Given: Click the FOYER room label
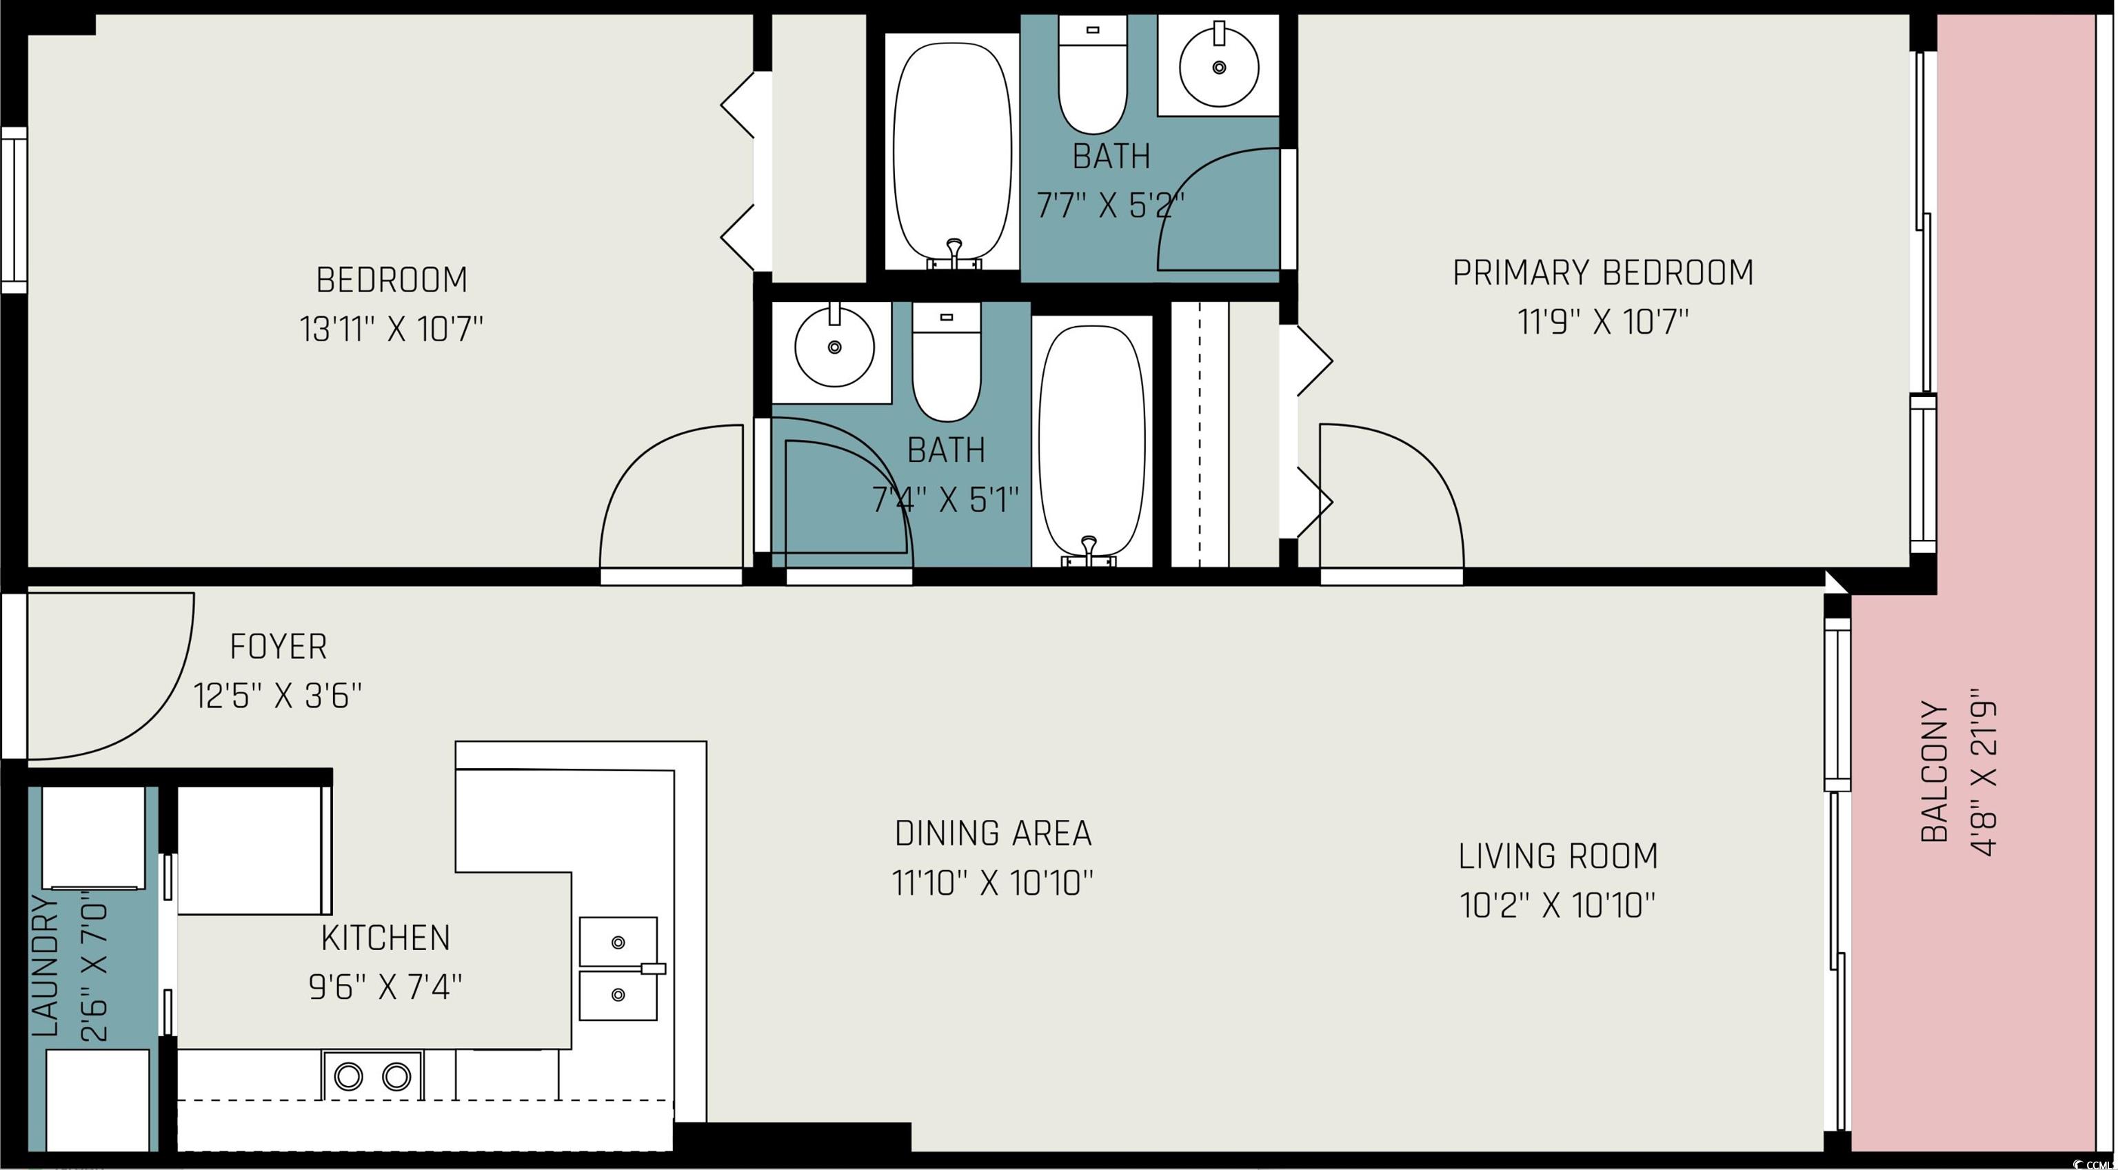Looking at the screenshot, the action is (x=278, y=647).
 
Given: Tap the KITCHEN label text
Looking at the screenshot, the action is (x=385, y=938).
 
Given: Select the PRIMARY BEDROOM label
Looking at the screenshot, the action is (x=1602, y=273).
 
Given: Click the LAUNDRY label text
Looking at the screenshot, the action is (x=46, y=967).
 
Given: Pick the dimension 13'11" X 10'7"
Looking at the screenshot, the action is (x=392, y=330).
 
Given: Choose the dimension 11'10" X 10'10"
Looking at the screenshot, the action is (x=992, y=884).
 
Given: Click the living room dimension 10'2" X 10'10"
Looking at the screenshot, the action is (x=1557, y=906).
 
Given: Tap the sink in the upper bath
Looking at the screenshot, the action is (x=1218, y=65).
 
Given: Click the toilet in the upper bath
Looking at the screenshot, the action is (x=1092, y=75).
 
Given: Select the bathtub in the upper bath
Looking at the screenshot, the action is (x=952, y=150).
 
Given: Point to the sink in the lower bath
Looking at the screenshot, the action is (x=834, y=346).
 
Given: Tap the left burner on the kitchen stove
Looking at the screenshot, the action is (x=347, y=1076).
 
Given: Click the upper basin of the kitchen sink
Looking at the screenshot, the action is (x=618, y=942).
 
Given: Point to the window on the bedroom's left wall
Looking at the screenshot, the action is (x=14, y=210).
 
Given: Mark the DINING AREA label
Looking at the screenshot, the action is (x=994, y=834).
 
